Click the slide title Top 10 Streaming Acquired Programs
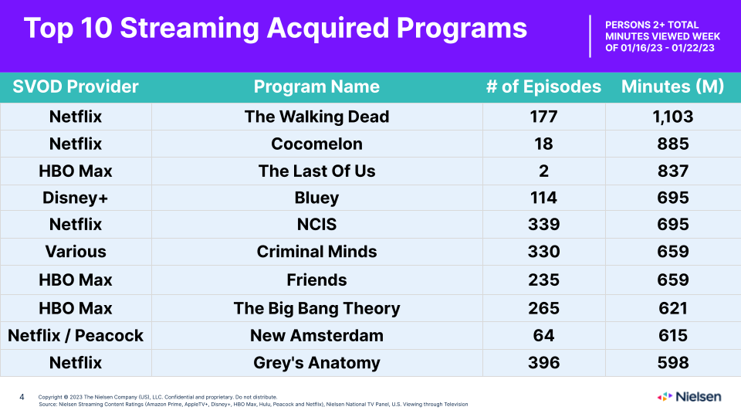276,29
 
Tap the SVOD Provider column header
76,86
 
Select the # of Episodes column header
543,86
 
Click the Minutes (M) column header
672,86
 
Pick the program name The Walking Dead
316,117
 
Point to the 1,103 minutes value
673,117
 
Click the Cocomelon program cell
316,144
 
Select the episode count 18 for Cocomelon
543,144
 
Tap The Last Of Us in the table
316,171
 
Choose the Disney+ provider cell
76,198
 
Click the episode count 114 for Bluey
543,198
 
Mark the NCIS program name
316,224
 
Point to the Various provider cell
76,252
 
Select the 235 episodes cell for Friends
543,280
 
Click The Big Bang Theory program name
316,308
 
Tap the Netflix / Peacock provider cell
76,336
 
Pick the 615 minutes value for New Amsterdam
673,336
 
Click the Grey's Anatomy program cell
316,363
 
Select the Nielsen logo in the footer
689,397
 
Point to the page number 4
22,397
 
